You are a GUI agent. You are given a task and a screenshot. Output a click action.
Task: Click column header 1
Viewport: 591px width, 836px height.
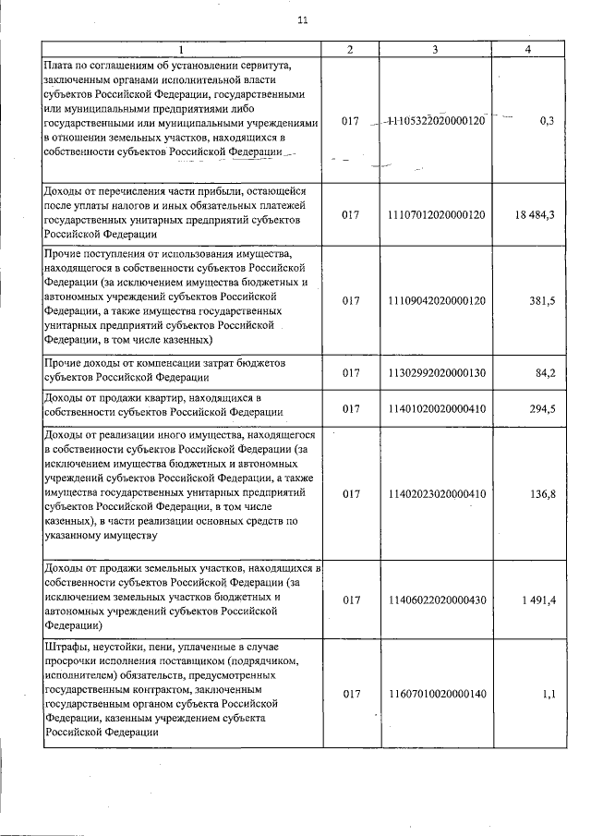pyautogui.click(x=181, y=49)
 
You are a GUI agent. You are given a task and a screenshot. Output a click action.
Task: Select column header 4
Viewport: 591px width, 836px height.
pyautogui.click(x=526, y=49)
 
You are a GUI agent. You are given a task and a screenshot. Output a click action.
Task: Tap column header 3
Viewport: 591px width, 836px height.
pyautogui.click(x=434, y=49)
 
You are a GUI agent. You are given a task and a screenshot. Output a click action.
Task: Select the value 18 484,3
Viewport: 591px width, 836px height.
pyautogui.click(x=527, y=214)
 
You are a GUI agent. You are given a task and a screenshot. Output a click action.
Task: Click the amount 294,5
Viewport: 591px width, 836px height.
pyautogui.click(x=537, y=406)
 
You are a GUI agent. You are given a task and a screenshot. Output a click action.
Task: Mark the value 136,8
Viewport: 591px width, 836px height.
pyautogui.click(x=537, y=494)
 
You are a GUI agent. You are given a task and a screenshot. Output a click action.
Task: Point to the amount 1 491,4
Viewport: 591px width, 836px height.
pyautogui.click(x=531, y=600)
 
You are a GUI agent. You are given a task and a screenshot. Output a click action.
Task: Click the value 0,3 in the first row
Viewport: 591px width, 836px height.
pyautogui.click(x=545, y=121)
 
